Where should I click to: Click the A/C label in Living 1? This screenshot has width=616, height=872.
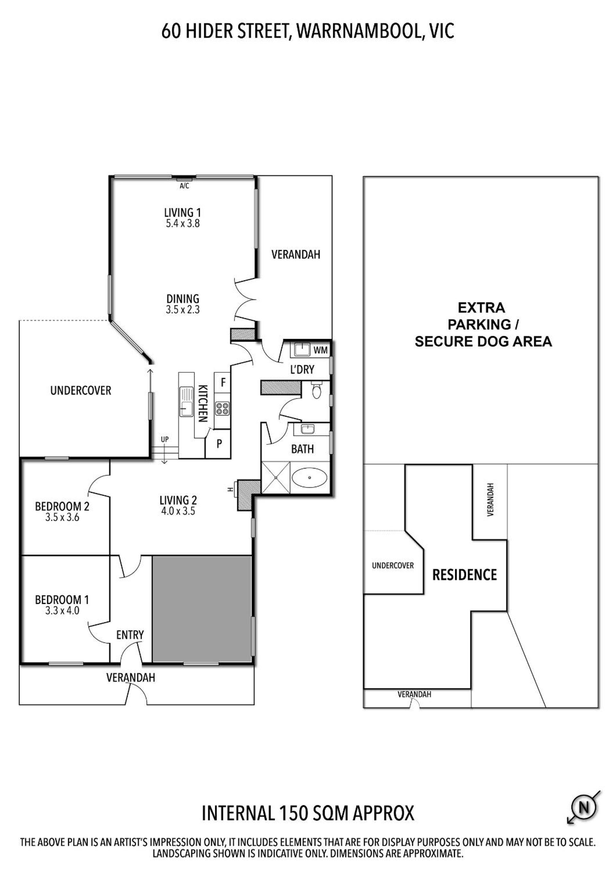click(184, 186)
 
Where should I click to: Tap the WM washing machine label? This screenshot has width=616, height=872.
click(321, 350)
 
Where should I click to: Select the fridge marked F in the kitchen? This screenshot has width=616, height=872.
click(223, 382)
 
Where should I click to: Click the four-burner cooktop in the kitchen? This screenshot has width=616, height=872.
click(222, 408)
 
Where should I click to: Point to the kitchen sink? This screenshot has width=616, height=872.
click(187, 401)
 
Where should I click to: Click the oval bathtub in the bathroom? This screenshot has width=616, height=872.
click(309, 477)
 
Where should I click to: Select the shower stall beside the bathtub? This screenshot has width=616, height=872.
click(276, 477)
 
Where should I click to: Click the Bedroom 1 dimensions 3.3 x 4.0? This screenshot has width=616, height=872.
click(62, 611)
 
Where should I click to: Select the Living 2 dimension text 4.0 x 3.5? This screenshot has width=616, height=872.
click(178, 511)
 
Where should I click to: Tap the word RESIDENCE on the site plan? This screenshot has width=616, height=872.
click(464, 575)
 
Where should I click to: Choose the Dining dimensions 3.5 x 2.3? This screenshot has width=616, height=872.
click(183, 310)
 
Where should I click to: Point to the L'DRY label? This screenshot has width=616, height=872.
click(302, 369)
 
